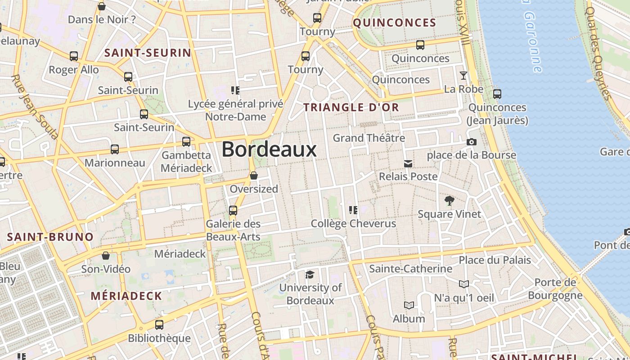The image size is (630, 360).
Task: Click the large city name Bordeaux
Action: [x=269, y=149]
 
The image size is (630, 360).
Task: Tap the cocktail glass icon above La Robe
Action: [x=463, y=75]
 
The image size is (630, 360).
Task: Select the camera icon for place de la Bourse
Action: [x=471, y=142]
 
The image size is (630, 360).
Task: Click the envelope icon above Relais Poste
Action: [x=408, y=163]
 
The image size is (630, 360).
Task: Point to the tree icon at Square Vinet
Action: [x=449, y=201]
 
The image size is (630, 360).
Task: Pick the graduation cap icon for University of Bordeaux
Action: [x=310, y=274]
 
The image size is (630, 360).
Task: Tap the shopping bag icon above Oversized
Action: [x=254, y=175]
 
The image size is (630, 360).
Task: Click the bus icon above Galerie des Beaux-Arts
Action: [x=233, y=210]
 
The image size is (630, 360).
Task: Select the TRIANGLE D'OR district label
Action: [x=351, y=107]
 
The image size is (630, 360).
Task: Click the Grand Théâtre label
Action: [x=369, y=138]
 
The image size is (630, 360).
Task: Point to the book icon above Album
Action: [x=409, y=306]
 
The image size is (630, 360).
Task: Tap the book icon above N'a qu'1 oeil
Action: [x=464, y=284]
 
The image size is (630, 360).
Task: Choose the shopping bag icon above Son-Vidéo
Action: [x=106, y=256]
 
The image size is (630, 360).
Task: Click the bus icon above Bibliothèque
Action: [x=159, y=324]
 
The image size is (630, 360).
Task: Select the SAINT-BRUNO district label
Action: [x=50, y=237]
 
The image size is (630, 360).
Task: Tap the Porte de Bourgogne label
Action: [x=555, y=289]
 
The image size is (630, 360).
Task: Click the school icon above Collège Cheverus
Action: [x=353, y=210]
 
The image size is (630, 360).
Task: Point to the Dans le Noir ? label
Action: [x=102, y=19]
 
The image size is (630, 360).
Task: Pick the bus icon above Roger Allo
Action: [x=74, y=56]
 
